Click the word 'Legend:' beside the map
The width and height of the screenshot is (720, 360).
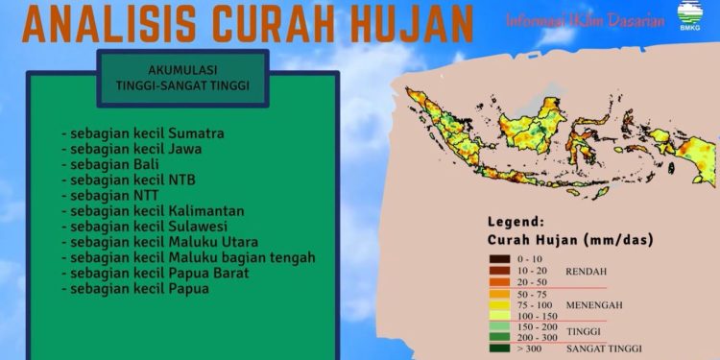pyautogui.click(x=516, y=222)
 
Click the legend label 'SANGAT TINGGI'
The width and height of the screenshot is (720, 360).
pyautogui.click(x=604, y=348)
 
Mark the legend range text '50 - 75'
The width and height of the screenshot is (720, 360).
pyautogui.click(x=531, y=294)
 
